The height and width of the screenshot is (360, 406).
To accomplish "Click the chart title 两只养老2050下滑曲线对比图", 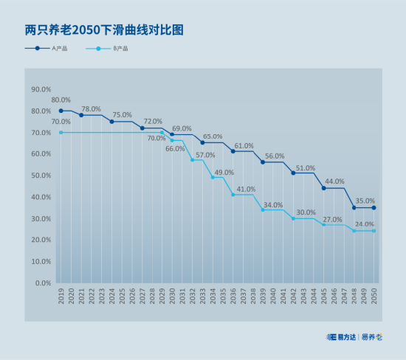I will point(104,30).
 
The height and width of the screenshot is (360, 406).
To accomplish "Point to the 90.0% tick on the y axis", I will point(41,89).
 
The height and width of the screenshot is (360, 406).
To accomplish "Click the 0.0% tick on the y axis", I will point(42,283).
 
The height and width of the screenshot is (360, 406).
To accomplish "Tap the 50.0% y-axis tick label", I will point(41,176).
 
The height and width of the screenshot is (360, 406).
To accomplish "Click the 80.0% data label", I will point(61,100).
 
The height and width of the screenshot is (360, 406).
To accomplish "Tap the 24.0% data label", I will point(364,224).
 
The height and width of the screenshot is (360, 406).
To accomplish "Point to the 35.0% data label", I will point(365,201).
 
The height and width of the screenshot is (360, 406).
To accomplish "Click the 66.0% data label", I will point(175,148).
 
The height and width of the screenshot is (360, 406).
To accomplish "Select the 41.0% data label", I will point(246,189).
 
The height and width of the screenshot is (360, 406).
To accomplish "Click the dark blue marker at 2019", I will point(61,111).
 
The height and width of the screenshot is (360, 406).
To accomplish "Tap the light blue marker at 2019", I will point(61,132).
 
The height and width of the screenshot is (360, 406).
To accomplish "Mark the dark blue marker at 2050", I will point(374,207).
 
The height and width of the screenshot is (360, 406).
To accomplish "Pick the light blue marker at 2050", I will point(374,231).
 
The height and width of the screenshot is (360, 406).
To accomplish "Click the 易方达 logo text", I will point(343,337).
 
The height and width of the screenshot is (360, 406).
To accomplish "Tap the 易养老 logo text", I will point(372,337).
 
